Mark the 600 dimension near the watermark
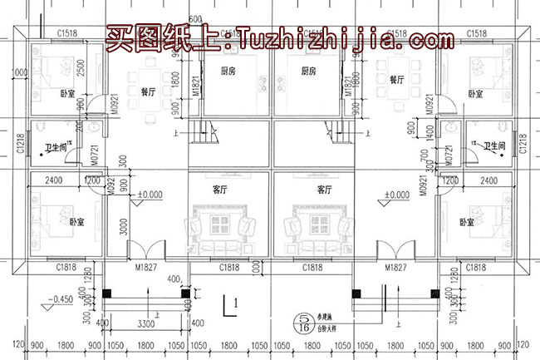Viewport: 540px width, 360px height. coord(195,19)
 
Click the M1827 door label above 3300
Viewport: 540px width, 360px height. coord(146,268)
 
